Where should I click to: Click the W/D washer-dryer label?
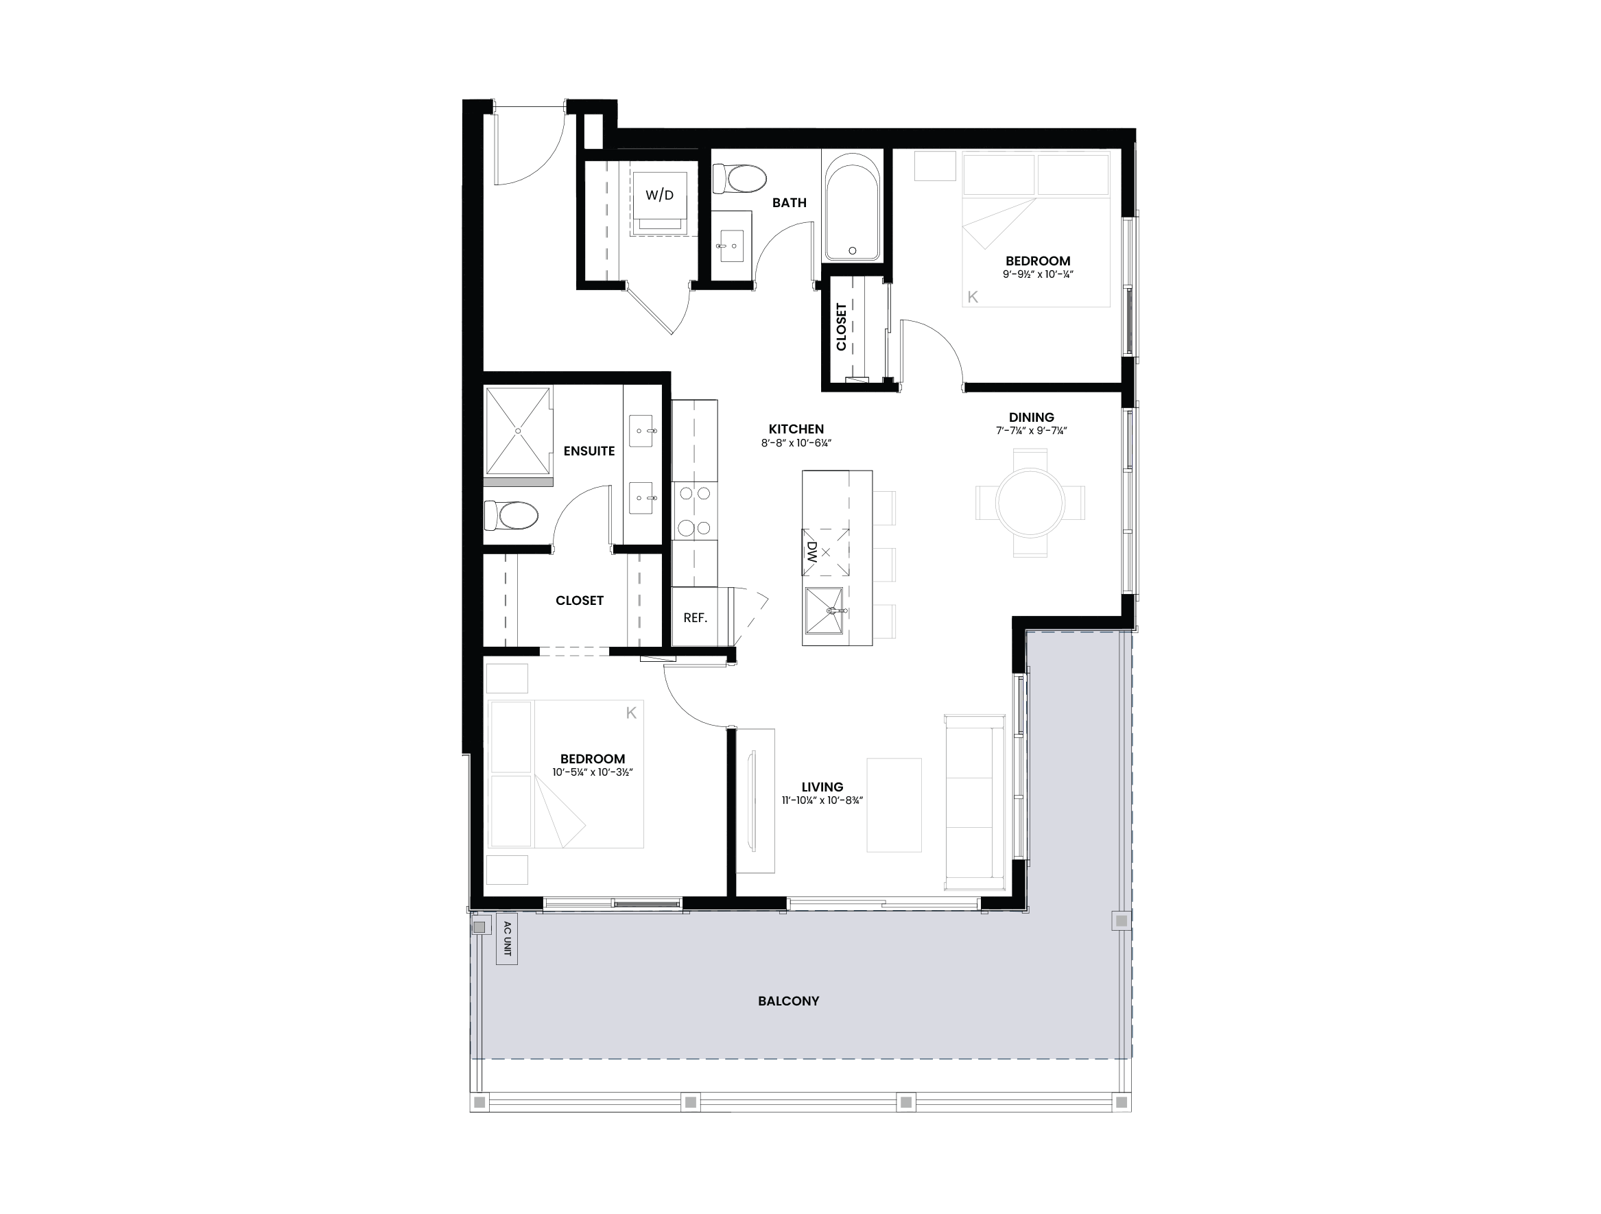659,195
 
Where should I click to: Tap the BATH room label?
789,203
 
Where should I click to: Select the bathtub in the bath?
852,207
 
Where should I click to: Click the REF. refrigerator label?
695,618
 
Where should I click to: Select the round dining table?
1030,502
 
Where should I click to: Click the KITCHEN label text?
796,429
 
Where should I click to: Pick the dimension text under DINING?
1032,431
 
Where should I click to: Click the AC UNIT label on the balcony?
507,938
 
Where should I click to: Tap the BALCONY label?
788,1001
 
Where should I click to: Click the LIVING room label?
822,787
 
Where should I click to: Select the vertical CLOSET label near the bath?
841,326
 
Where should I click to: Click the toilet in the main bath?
739,178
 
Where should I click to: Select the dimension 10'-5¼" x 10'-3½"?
592,772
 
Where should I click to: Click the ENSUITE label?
589,451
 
